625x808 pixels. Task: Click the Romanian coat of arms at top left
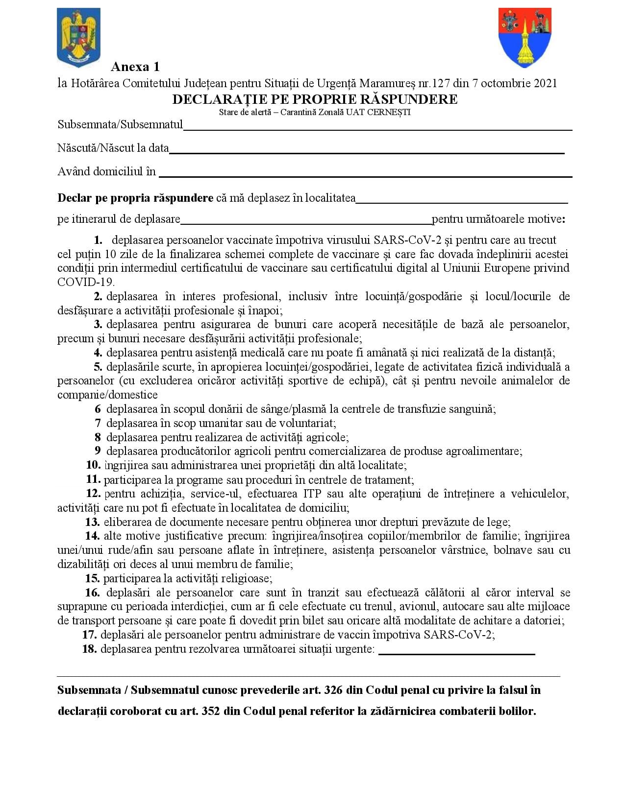pos(78,36)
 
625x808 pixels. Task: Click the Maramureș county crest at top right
pos(525,37)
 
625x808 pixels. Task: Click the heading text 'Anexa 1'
pos(135,67)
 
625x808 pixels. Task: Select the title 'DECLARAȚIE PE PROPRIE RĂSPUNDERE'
pos(315,99)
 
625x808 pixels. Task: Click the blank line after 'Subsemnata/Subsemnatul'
pos(377,128)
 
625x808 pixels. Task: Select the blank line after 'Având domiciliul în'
pos(365,175)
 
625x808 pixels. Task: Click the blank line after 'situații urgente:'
pos(456,653)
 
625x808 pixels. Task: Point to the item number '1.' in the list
pos(98,240)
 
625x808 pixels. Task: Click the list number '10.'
pos(93,465)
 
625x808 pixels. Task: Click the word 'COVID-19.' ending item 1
pos(86,283)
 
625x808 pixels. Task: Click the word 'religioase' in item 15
pos(245,579)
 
